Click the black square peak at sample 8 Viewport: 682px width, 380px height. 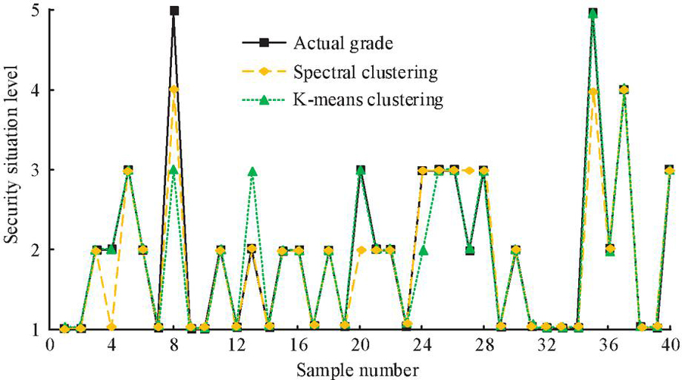click(x=174, y=11)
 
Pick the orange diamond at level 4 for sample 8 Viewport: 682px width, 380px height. click(x=174, y=90)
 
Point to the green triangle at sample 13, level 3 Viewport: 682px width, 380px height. click(x=252, y=172)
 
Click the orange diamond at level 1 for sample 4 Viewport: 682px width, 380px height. click(x=111, y=327)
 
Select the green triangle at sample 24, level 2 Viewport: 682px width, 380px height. click(x=424, y=250)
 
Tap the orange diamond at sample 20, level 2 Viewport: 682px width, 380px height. click(x=361, y=250)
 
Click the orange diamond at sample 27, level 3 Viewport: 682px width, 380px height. click(x=470, y=170)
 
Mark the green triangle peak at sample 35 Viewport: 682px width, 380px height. click(x=593, y=13)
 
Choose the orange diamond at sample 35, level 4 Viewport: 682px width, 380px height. click(x=593, y=92)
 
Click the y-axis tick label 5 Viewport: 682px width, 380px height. click(x=36, y=11)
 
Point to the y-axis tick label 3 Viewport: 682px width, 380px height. click(x=36, y=170)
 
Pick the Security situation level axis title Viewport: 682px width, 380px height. click(x=11, y=171)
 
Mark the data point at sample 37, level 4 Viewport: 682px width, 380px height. click(x=624, y=90)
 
